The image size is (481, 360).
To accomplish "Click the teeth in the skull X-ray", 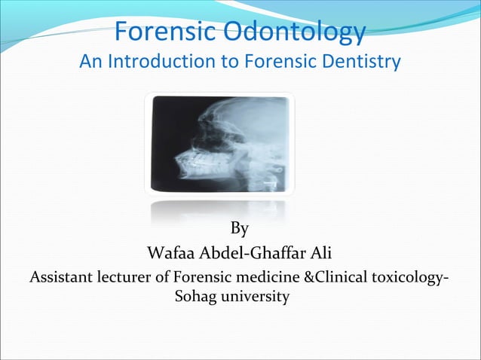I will [195, 161].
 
